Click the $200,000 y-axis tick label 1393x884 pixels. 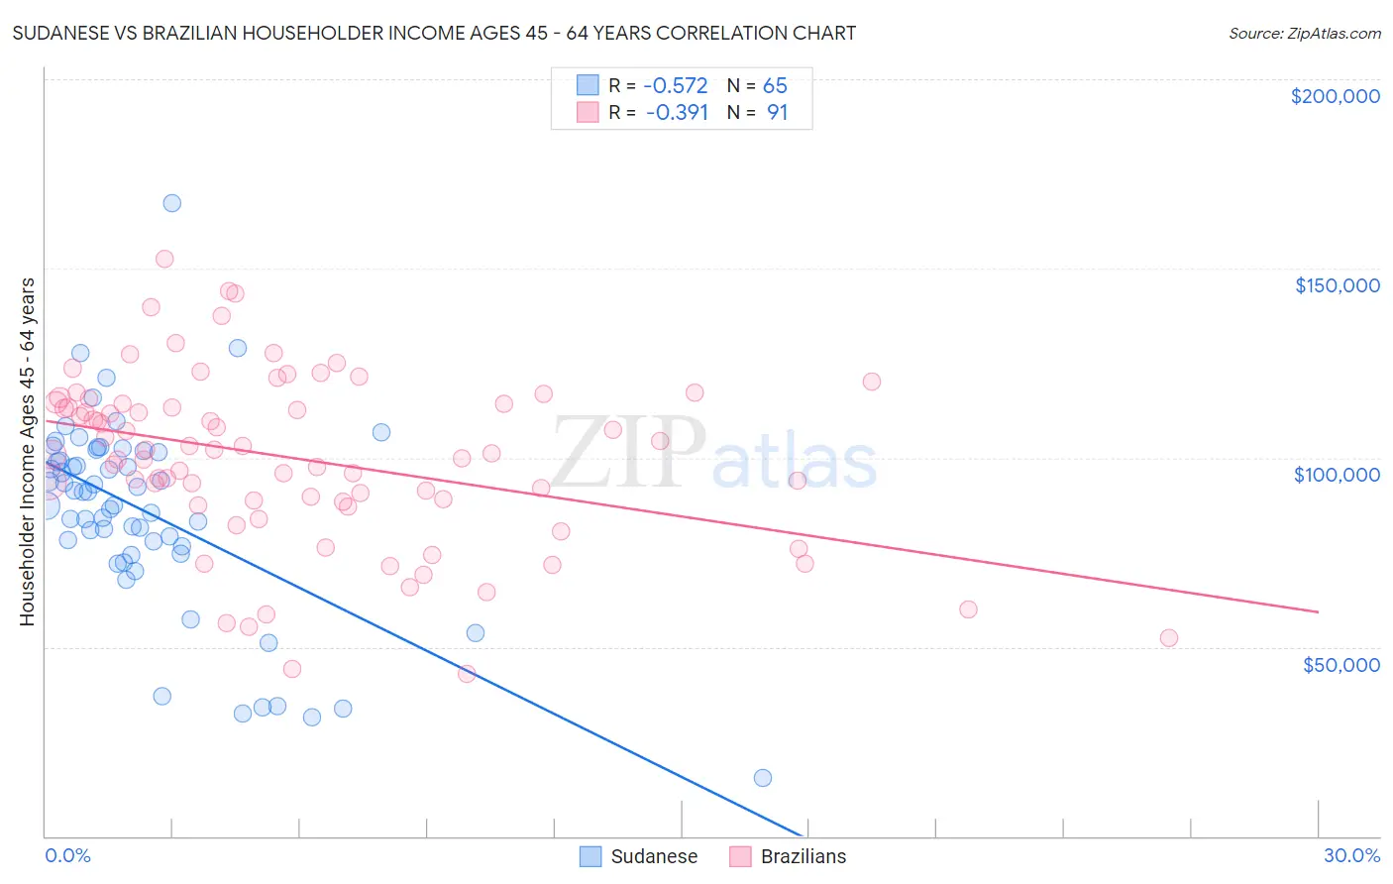1335,96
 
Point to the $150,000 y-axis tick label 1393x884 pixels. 1337,285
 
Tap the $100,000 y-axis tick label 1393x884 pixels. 1337,475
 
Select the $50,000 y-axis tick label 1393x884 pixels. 1340,664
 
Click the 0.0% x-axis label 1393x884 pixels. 67,855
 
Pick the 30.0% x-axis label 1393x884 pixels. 1351,855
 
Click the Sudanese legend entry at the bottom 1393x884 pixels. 654,856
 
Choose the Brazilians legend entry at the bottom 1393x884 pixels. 803,856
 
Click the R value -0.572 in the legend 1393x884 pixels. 677,86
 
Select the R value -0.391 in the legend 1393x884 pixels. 677,113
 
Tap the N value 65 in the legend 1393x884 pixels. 775,86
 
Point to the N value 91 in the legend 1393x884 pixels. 777,113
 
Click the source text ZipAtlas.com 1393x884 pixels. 1304,34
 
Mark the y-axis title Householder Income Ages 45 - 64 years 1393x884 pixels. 28,452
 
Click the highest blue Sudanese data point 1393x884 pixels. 171,203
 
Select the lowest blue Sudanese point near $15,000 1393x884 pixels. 762,778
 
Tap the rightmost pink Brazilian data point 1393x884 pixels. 1169,638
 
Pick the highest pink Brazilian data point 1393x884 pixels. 164,259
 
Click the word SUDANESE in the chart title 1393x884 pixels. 58,33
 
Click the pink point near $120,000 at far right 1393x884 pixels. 872,382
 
